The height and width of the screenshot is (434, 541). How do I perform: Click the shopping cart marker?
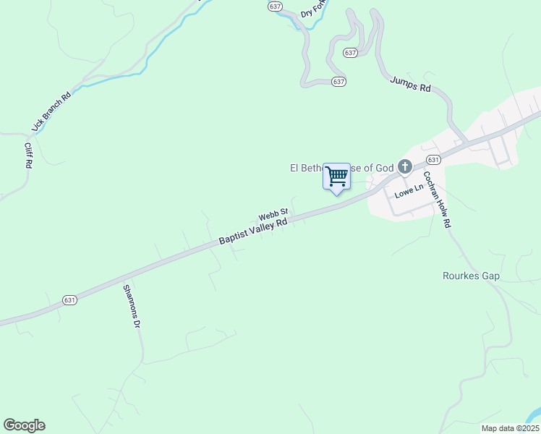pos(336,176)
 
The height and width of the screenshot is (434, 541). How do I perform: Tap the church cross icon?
pos(404,168)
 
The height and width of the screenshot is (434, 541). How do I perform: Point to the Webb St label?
pos(273,215)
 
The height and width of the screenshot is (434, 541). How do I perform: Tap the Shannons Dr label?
pos(130,306)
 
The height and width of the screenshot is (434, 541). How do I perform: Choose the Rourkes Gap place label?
pos(471,276)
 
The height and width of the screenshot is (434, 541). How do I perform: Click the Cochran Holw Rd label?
pos(437,200)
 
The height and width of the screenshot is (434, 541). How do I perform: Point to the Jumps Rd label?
pos(410,83)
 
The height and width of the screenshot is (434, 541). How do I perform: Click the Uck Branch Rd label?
pos(51,111)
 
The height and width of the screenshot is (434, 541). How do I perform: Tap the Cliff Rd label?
pos(28,155)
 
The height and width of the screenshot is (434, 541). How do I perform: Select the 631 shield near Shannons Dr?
pos(69,299)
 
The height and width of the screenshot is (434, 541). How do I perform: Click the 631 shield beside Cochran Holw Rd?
pos(433,159)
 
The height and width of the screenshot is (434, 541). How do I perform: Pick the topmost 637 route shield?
pos(274,6)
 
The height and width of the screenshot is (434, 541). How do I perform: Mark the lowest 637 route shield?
pos(338,81)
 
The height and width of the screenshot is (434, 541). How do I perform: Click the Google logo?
pos(24,425)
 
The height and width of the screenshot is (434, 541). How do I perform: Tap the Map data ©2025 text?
pos(511,428)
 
